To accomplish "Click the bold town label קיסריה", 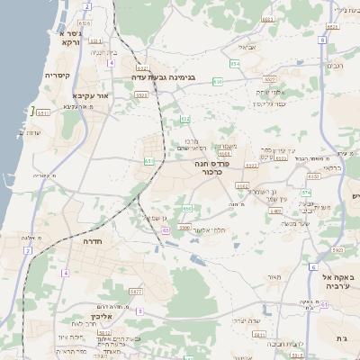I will point(58,76).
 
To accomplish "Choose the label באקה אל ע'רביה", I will point(331,269).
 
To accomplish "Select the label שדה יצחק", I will point(245,319).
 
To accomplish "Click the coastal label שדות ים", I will point(31,133).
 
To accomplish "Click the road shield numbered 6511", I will point(42,112).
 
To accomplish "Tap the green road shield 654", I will point(234,63).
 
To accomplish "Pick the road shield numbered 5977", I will point(136,292).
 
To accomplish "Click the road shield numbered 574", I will point(306,192).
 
